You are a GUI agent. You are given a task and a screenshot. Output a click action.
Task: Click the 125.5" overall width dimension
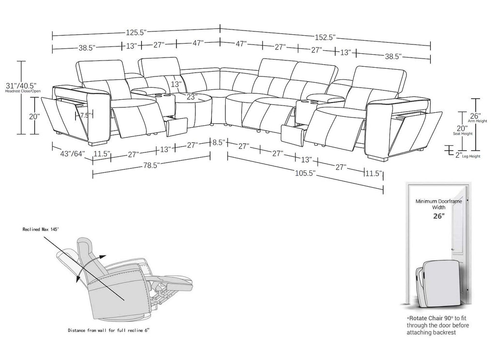pos(136,32)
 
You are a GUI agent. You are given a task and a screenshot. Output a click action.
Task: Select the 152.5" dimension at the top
pos(325,37)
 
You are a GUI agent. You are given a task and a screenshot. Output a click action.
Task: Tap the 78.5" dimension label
pos(151,165)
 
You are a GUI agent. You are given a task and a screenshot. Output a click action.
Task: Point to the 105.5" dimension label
pos(306,173)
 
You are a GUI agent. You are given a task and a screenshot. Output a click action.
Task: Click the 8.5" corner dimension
pos(218,142)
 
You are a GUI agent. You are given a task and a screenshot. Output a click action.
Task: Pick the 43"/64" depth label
pos(73,153)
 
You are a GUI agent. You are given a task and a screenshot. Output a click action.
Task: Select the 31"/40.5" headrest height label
pos(21,85)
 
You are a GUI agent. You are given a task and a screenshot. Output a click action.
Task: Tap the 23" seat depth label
pos(190,97)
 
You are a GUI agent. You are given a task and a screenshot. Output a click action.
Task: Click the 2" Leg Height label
pos(468,155)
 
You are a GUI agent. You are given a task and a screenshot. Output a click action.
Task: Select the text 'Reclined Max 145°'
pos(41,229)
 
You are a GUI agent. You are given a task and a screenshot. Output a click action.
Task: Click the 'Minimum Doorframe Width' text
pos(438,204)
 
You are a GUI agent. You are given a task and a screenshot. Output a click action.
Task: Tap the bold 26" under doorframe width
pos(439,216)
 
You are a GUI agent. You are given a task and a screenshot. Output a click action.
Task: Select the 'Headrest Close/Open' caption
pos(23,91)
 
